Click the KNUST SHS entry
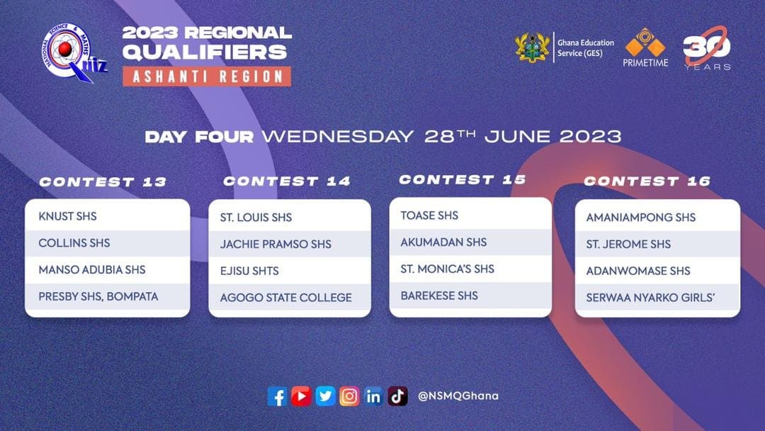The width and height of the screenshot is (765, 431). [x=67, y=216]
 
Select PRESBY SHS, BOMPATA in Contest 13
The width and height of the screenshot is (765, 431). [x=98, y=296]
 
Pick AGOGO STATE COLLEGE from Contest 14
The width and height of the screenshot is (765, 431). [x=285, y=297]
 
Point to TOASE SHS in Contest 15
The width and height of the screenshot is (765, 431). [x=429, y=216]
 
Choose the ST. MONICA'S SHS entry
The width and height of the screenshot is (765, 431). [x=448, y=269]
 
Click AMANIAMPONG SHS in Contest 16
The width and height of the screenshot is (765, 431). [x=640, y=217]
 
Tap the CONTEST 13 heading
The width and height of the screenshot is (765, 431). [x=103, y=182]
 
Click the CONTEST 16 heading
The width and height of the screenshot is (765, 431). [x=647, y=181]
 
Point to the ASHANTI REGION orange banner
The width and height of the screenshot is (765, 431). [x=207, y=76]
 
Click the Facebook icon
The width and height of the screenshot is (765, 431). [x=277, y=396]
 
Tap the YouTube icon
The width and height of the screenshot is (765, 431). [x=301, y=396]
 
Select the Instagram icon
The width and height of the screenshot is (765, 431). [x=349, y=396]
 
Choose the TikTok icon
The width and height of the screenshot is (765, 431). [x=397, y=396]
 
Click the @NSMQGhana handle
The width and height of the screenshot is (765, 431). [x=458, y=396]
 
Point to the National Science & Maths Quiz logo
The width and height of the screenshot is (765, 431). [x=73, y=52]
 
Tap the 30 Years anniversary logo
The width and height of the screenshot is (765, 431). [x=707, y=48]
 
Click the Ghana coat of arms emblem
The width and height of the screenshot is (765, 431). [x=532, y=47]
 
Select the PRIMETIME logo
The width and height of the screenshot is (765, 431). [x=645, y=47]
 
